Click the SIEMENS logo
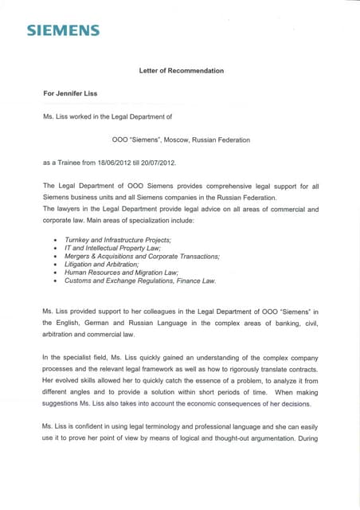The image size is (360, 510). (x=63, y=31)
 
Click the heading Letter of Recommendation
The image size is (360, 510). (x=181, y=71)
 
